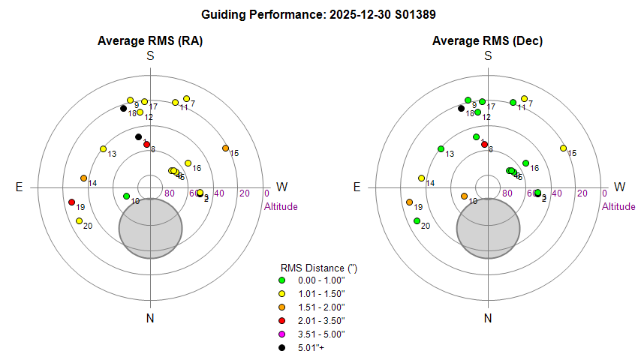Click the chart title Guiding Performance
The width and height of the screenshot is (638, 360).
pos(319,14)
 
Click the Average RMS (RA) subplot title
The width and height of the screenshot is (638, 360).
pos(150,40)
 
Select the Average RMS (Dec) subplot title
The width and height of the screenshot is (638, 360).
pos(488,40)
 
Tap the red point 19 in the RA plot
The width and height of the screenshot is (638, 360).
pos(72,202)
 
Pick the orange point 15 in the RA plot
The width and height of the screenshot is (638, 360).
pos(225,148)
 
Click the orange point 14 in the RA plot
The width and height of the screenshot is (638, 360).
pos(83,178)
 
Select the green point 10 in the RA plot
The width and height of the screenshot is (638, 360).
pos(126,196)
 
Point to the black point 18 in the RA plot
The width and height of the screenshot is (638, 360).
pos(124,109)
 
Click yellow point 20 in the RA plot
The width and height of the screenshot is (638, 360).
pos(79,220)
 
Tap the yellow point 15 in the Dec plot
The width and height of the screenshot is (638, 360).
pos(563,148)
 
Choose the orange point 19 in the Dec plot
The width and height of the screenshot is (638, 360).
pos(410,202)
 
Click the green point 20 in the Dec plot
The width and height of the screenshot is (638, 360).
pos(417,220)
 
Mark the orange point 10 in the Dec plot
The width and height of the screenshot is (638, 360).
pos(464,196)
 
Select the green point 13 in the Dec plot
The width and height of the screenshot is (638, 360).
pos(441,148)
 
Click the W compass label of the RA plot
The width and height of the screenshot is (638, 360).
pos(282,187)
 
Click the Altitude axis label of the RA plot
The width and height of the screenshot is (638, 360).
pos(282,206)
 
